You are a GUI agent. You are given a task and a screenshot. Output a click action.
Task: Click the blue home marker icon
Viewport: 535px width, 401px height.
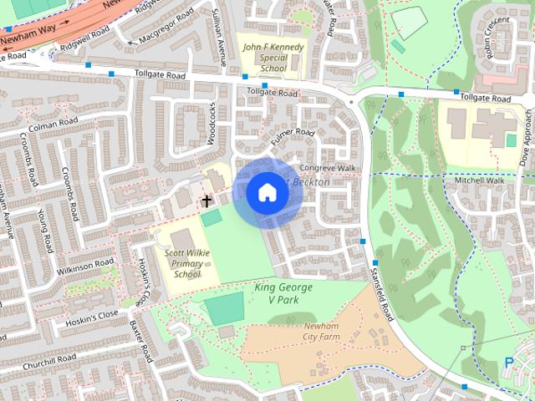pyautogui.click(x=267, y=193)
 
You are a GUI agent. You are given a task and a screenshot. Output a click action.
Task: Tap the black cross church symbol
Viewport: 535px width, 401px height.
pyautogui.click(x=206, y=200)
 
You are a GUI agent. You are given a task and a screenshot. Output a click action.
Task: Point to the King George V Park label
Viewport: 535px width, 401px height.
pyautogui.click(x=283, y=293)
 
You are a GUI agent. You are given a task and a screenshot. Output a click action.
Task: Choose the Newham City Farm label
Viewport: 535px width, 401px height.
pyautogui.click(x=303, y=332)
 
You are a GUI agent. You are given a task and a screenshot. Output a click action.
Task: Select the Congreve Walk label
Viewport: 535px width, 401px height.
pyautogui.click(x=333, y=167)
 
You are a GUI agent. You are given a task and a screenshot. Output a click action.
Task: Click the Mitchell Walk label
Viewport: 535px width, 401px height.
pyautogui.click(x=479, y=180)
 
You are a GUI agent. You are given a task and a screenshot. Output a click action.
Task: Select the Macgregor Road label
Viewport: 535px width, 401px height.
pyautogui.click(x=143, y=37)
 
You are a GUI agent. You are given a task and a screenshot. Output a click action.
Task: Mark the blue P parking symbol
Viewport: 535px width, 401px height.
pyautogui.click(x=509, y=363)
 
